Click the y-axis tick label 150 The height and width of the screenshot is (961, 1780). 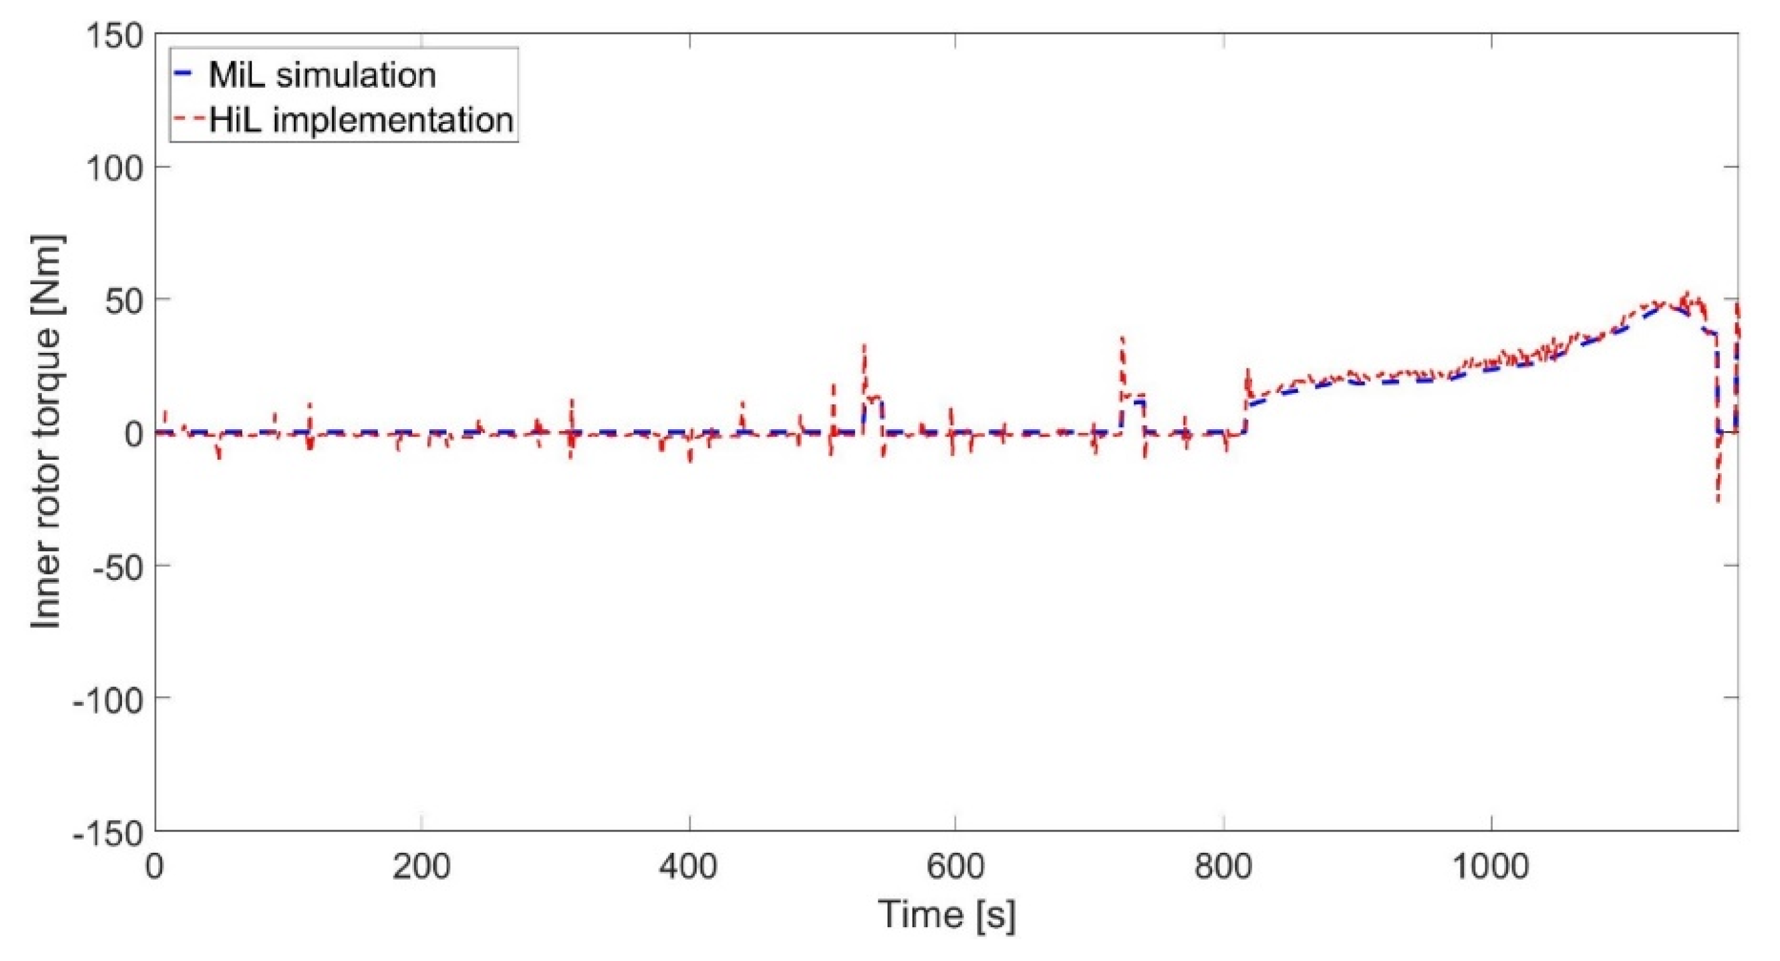pos(114,36)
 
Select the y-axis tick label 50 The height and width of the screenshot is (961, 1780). pos(124,301)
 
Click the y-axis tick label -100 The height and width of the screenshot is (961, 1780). pos(107,699)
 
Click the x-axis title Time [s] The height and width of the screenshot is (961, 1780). pos(947,915)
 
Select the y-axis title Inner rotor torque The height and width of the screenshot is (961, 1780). pos(47,432)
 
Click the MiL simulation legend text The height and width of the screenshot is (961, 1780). pos(322,74)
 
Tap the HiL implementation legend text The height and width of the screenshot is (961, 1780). pos(361,120)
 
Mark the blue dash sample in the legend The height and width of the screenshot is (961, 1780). pos(185,74)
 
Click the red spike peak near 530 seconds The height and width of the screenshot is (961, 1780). pos(864,346)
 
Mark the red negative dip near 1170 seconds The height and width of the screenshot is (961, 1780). pos(1718,501)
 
